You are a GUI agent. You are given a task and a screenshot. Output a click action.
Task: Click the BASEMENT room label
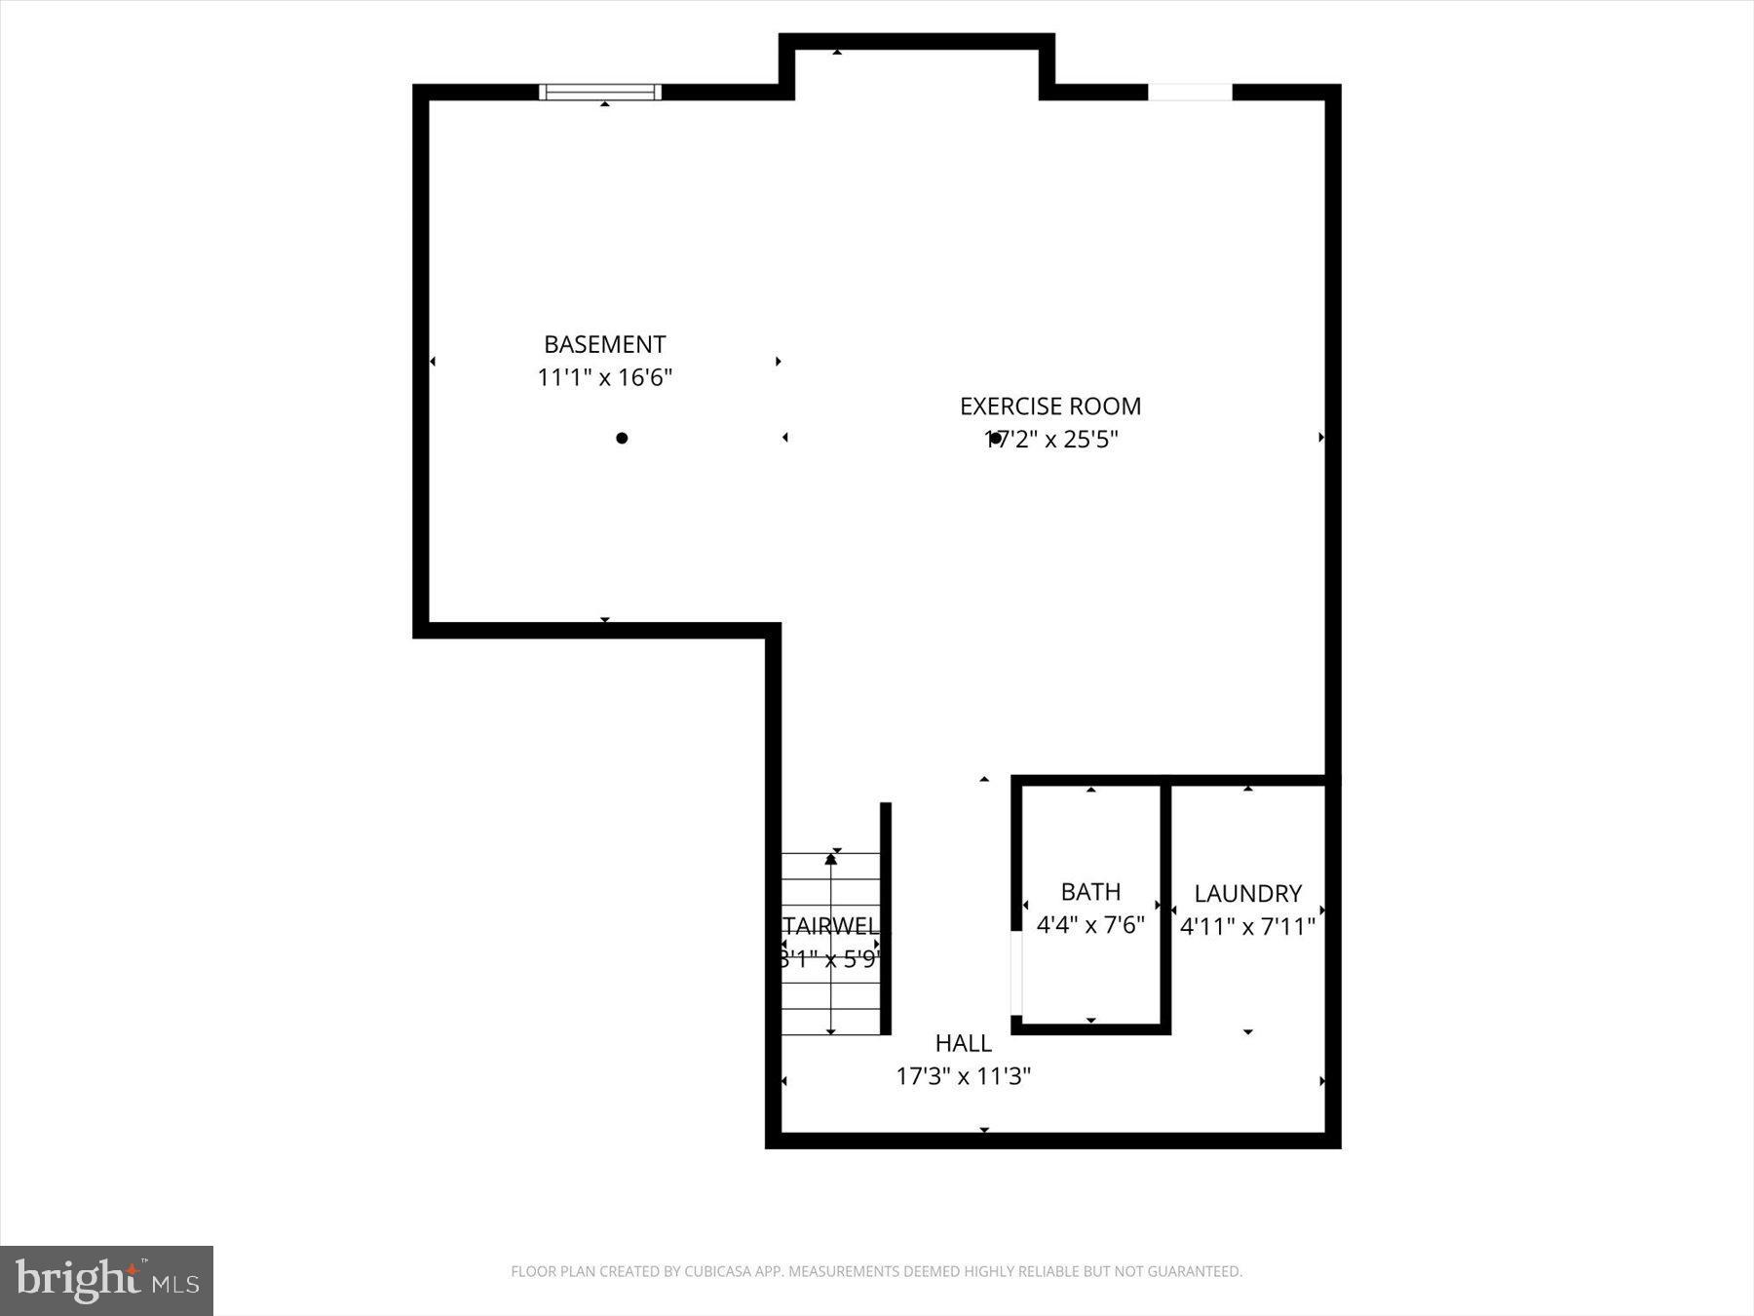click(x=604, y=344)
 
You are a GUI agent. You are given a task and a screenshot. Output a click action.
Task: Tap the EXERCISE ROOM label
click(x=1049, y=406)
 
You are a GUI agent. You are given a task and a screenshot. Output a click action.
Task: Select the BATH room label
click(x=1090, y=891)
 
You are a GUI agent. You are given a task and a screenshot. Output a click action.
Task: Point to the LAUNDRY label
click(x=1247, y=893)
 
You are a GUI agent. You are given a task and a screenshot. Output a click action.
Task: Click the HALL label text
click(x=963, y=1043)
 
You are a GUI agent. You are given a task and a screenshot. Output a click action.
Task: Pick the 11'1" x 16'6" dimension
click(x=604, y=377)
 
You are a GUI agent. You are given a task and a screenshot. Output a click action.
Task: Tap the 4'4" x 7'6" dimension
click(x=1090, y=924)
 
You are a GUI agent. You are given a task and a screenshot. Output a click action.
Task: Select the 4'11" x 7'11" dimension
click(x=1247, y=926)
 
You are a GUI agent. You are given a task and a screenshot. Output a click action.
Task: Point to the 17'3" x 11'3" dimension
click(x=963, y=1076)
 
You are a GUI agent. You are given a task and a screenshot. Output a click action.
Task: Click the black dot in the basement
click(x=622, y=438)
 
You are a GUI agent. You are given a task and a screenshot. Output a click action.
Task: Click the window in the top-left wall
click(x=600, y=93)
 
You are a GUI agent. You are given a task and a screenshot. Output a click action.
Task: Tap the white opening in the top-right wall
click(x=1190, y=93)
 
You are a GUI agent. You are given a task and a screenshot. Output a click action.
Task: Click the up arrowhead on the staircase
click(x=830, y=859)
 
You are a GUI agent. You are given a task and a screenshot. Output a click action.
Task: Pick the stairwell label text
click(x=830, y=925)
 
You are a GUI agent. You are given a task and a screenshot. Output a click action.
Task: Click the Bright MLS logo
click(x=106, y=1280)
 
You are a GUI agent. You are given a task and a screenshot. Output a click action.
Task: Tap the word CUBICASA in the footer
click(x=722, y=1271)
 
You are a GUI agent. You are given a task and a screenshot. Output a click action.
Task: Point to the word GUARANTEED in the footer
click(x=1199, y=1271)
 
